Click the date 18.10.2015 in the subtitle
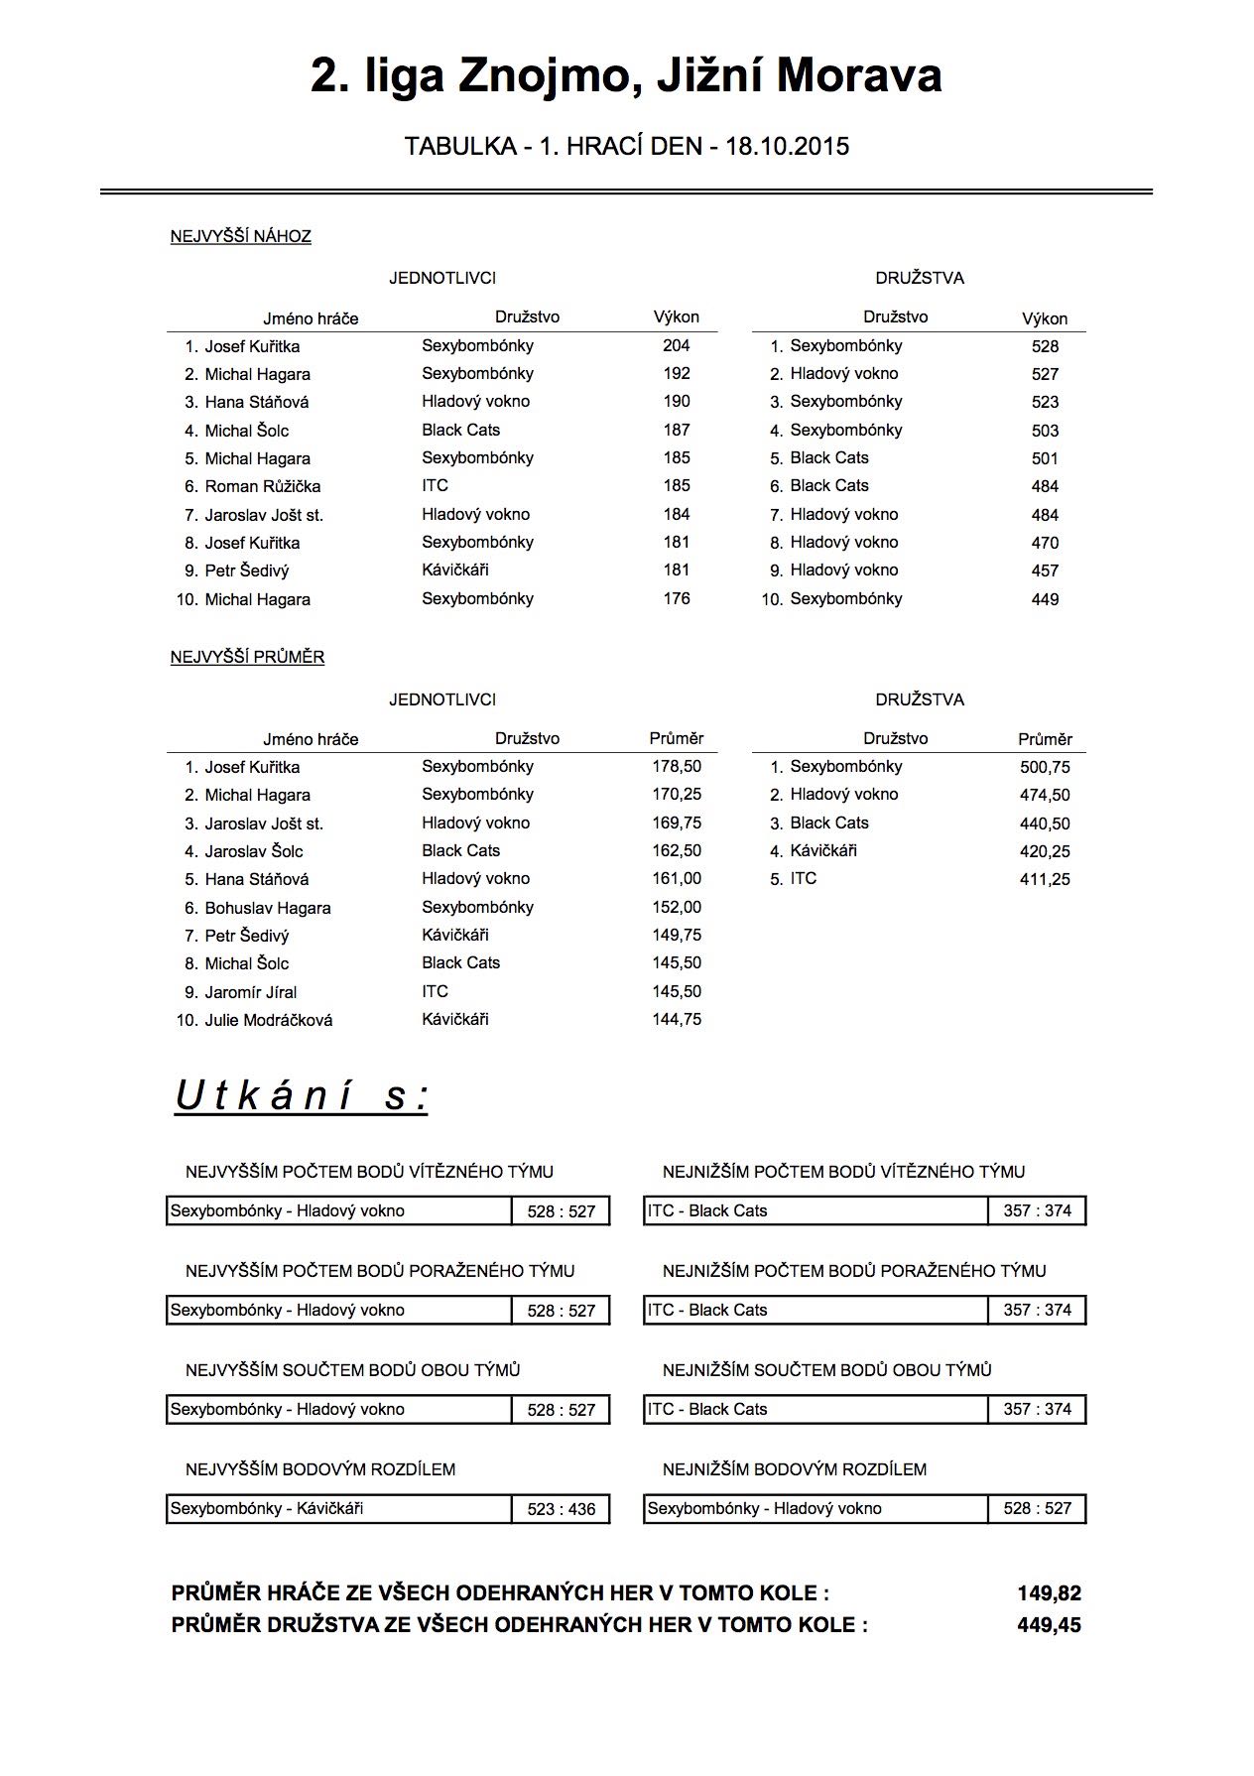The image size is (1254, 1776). tap(787, 147)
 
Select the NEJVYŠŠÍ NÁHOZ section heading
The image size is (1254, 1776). tap(241, 236)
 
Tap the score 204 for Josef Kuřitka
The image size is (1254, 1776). tap(677, 345)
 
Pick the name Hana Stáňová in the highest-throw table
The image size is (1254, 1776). tap(257, 402)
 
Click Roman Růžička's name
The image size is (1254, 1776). tap(263, 486)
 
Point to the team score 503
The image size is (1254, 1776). tap(1045, 431)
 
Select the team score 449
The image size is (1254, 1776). tap(1045, 599)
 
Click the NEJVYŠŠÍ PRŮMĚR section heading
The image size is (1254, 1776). tap(247, 657)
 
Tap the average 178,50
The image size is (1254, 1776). tap(677, 767)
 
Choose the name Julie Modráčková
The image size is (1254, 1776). tap(269, 1020)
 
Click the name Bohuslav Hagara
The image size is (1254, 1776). tap(268, 908)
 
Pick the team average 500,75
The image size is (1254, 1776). tap(1045, 767)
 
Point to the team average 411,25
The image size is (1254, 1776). tap(1045, 879)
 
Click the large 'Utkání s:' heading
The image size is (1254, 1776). tap(302, 1096)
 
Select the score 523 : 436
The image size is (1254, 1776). tap(562, 1509)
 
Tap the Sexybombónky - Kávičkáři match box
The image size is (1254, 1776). tap(338, 1509)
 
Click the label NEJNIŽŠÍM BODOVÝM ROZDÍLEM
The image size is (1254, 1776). tap(795, 1469)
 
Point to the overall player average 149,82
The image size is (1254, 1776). tap(1049, 1593)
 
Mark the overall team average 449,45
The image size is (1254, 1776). tap(1049, 1625)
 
